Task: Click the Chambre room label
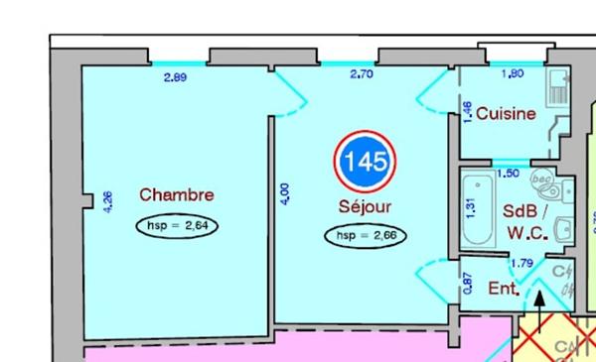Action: (x=177, y=193)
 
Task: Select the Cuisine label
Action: (x=506, y=113)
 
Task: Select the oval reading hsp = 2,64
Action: (x=177, y=225)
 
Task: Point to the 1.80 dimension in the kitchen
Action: (x=513, y=73)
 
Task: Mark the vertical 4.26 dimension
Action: (x=108, y=202)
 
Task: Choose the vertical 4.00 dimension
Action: (x=286, y=194)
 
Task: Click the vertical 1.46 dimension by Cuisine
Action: (x=467, y=111)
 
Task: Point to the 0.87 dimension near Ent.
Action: (x=468, y=283)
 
